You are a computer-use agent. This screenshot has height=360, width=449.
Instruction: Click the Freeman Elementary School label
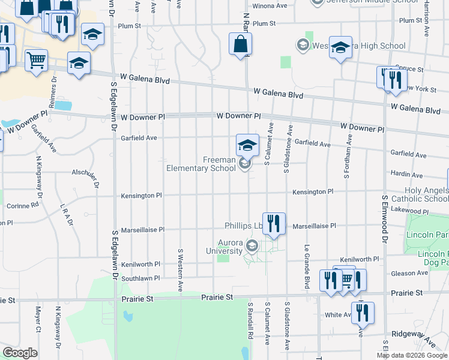(201, 164)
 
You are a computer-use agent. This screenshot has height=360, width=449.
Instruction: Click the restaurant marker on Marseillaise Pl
(274, 224)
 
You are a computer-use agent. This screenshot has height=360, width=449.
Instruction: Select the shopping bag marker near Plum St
(240, 44)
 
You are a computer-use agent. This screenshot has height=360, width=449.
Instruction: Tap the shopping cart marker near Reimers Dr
(37, 61)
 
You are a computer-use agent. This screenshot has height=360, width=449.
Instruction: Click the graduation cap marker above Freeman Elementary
(247, 145)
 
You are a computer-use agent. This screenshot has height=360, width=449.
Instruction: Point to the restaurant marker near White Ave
(362, 313)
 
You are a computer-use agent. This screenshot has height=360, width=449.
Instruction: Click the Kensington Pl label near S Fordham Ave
(312, 191)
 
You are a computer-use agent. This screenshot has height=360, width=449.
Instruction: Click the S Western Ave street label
(179, 269)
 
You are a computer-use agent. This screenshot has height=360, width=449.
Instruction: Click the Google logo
(20, 353)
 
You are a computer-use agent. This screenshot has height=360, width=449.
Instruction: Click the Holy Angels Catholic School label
(420, 194)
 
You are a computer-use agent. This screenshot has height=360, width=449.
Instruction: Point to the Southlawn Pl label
(140, 278)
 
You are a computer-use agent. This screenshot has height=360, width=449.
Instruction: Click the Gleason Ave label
(408, 273)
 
